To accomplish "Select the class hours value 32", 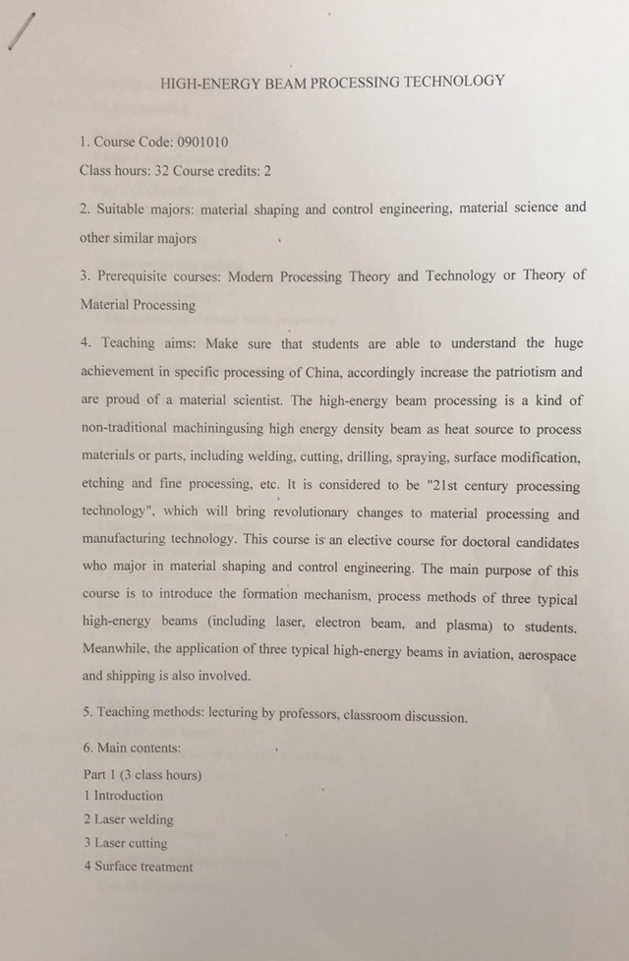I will pyautogui.click(x=161, y=170).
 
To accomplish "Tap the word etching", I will pyautogui.click(x=103, y=485).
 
